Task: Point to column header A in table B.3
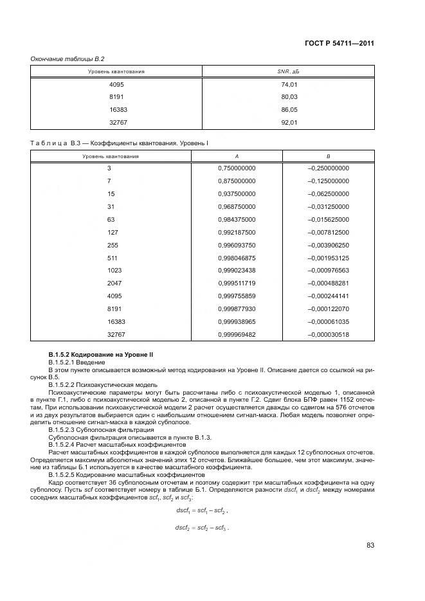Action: coord(237,156)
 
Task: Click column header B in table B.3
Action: coord(329,156)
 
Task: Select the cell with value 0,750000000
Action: coord(237,168)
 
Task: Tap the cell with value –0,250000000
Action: coord(329,168)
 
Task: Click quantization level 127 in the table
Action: coord(112,232)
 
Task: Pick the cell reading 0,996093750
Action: coord(237,245)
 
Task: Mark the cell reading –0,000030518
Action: coord(329,335)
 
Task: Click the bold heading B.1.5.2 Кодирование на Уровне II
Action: coord(100,355)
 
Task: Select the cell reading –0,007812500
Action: coord(329,232)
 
